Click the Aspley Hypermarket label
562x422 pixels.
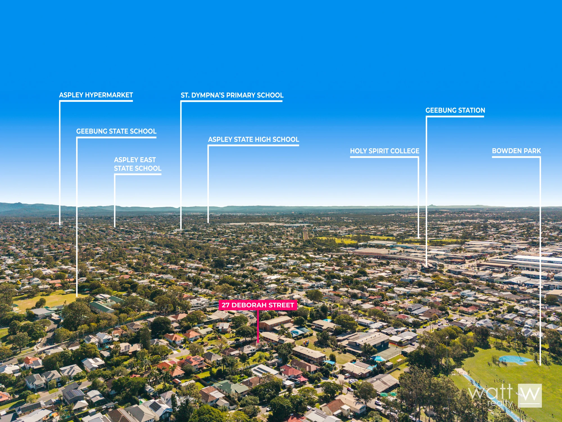[x=96, y=95]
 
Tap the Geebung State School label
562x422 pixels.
[x=116, y=131]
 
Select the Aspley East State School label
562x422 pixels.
[x=138, y=164]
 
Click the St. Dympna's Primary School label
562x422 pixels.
[x=232, y=95]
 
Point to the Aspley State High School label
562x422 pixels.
[x=253, y=140]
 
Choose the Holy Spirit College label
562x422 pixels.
[x=384, y=151]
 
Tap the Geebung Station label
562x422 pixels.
[x=455, y=110]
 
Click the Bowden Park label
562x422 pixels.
[x=516, y=151]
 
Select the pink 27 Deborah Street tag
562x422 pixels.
[x=258, y=305]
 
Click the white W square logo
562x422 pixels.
[x=530, y=396]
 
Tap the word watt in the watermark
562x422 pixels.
[x=491, y=391]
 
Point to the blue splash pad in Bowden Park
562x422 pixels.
[x=515, y=360]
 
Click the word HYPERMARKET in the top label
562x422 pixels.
[x=109, y=95]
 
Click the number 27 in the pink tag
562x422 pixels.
[x=225, y=305]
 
